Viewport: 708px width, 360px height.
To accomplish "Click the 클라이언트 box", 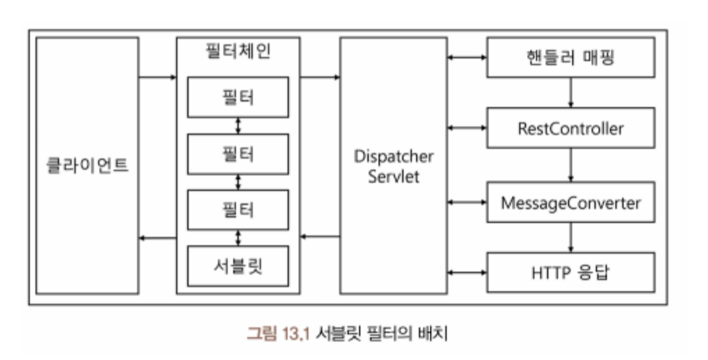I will coord(87,165).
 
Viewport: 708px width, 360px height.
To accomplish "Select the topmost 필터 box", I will coord(238,97).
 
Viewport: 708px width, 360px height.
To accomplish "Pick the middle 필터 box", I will coord(238,154).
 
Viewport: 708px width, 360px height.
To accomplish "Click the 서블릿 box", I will coord(238,266).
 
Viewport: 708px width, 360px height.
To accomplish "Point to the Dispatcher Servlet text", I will coord(393,166).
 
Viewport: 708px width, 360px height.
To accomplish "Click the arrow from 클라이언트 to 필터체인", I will coord(157,77).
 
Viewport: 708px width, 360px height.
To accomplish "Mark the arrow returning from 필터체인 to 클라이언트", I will coord(157,238).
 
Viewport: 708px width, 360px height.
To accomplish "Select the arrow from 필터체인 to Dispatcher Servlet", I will coord(320,77).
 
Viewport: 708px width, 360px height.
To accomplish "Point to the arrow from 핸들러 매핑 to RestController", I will coord(570,92).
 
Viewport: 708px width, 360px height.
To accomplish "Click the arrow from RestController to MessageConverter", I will coord(570,165).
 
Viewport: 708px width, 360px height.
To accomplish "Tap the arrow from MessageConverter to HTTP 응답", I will coord(570,237).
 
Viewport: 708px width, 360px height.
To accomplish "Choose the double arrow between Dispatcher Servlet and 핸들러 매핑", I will coord(466,57).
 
